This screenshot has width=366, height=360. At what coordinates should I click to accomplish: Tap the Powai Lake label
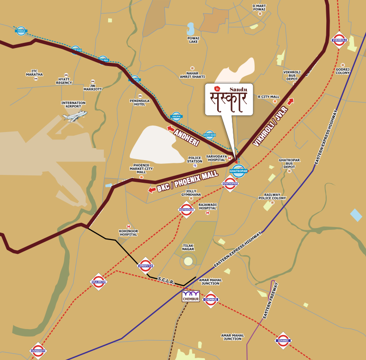pyautogui.click(x=193, y=40)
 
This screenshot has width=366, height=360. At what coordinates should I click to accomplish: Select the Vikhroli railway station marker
pyautogui.click(x=339, y=40)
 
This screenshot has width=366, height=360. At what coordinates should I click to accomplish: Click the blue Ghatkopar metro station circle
pyautogui.click(x=238, y=171)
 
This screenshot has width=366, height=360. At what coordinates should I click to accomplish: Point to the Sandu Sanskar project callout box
pyautogui.click(x=229, y=99)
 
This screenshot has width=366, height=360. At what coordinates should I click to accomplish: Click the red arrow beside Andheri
pyautogui.click(x=171, y=129)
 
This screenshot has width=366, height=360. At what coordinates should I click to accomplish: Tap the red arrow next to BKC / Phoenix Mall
pyautogui.click(x=152, y=190)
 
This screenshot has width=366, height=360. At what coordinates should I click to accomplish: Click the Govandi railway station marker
pyautogui.click(x=283, y=340)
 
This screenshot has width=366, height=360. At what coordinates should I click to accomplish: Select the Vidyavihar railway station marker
pyautogui.click(x=186, y=210)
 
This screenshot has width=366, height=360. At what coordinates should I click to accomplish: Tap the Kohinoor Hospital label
pyautogui.click(x=128, y=232)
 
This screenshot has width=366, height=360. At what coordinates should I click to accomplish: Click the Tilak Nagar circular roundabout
pyautogui.click(x=188, y=261)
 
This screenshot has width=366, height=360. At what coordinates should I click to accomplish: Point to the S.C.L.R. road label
pyautogui.click(x=166, y=280)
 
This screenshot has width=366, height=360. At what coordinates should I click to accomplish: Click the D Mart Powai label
pyautogui.click(x=259, y=7)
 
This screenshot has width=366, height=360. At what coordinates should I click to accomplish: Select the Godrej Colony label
pyautogui.click(x=342, y=71)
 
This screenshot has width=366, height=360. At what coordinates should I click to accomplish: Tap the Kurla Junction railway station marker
pyautogui.click(x=99, y=282)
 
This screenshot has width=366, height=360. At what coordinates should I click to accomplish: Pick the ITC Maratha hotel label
pyautogui.click(x=34, y=72)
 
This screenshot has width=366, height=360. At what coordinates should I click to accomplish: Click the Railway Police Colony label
pyautogui.click(x=272, y=197)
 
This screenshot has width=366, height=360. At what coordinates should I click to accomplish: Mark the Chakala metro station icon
pyautogui.click(x=21, y=31)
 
